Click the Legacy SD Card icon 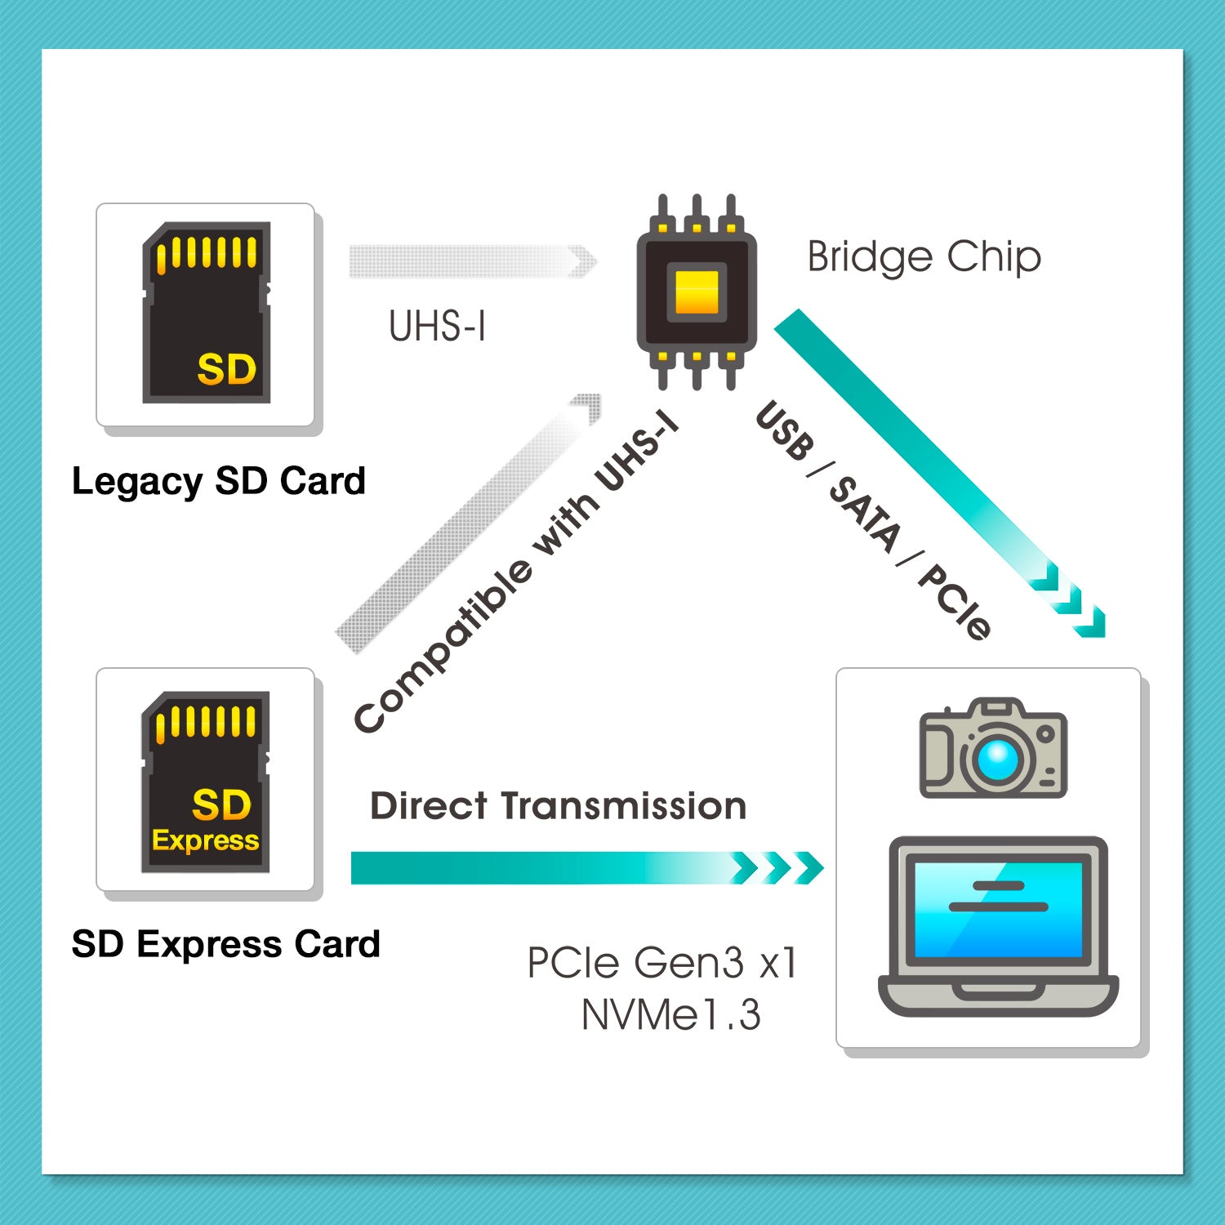206,313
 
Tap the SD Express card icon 206,782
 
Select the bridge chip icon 697,292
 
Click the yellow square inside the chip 697,292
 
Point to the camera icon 993,748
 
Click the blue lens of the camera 997,760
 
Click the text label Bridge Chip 924,257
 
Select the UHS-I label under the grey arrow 437,327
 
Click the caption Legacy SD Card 218,481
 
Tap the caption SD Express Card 225,945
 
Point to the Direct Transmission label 558,806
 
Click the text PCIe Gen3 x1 661,963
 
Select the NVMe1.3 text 670,1015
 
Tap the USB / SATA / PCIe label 872,521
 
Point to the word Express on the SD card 205,840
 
